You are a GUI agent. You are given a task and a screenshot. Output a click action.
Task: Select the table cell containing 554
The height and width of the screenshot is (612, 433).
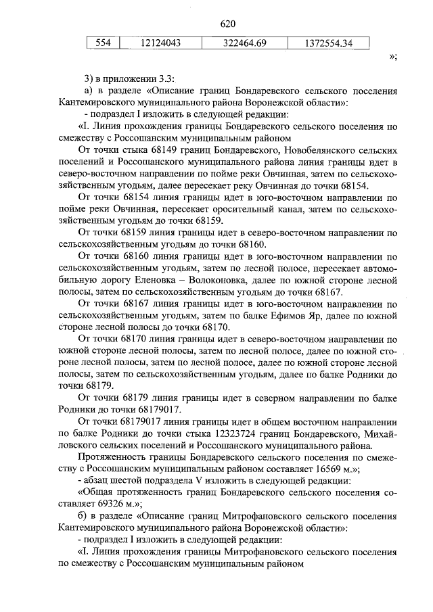[x=102, y=43]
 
